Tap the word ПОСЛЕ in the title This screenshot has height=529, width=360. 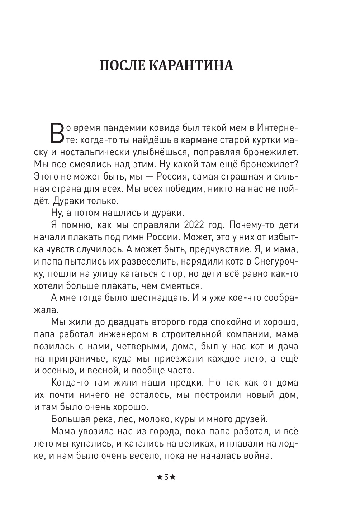(x=122, y=66)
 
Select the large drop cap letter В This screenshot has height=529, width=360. (x=57, y=133)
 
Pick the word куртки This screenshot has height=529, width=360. (x=261, y=140)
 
